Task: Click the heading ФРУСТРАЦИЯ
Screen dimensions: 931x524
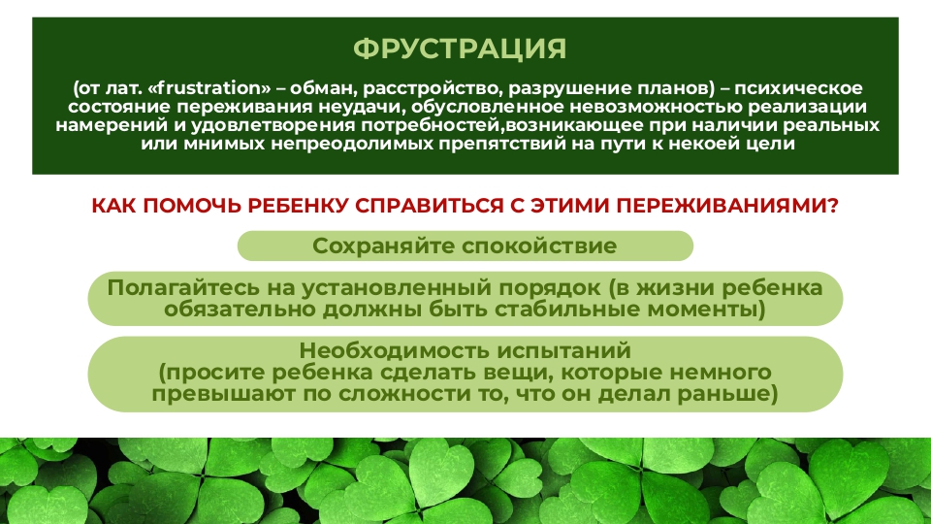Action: point(460,49)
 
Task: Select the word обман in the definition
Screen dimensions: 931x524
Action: point(324,88)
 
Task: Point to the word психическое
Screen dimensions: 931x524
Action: point(798,88)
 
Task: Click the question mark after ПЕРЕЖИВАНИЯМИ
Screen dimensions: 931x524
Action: point(832,206)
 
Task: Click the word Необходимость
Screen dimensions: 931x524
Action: point(395,350)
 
